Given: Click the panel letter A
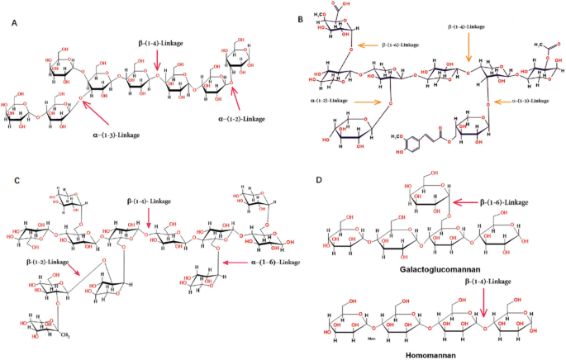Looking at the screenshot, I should pos(15,24).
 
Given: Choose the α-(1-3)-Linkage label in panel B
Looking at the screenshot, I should pos(530,102).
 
